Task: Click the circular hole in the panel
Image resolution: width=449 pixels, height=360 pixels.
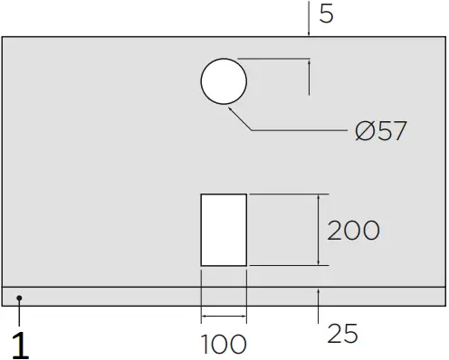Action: (x=224, y=82)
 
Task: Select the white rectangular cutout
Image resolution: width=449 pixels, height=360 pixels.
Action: (x=224, y=229)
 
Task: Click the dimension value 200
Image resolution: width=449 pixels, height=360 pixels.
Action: (x=353, y=231)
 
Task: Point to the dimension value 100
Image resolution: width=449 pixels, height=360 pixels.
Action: (x=223, y=344)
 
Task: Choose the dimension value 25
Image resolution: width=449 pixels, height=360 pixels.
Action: (x=342, y=334)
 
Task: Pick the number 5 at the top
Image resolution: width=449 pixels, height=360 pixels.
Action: (x=327, y=15)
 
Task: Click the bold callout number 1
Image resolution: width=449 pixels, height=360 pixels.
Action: (x=19, y=345)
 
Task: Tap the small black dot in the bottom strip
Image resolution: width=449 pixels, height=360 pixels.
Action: (x=19, y=298)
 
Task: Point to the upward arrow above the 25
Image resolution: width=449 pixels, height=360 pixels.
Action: (x=319, y=293)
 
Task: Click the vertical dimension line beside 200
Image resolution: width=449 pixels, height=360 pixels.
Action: (x=319, y=230)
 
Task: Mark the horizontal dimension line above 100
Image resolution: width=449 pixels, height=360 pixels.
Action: (x=224, y=316)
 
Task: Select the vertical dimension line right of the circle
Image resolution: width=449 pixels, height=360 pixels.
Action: (x=310, y=77)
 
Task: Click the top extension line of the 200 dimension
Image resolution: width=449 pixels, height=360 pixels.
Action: (x=285, y=194)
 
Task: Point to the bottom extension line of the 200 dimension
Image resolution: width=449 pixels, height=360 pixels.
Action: (x=285, y=265)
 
